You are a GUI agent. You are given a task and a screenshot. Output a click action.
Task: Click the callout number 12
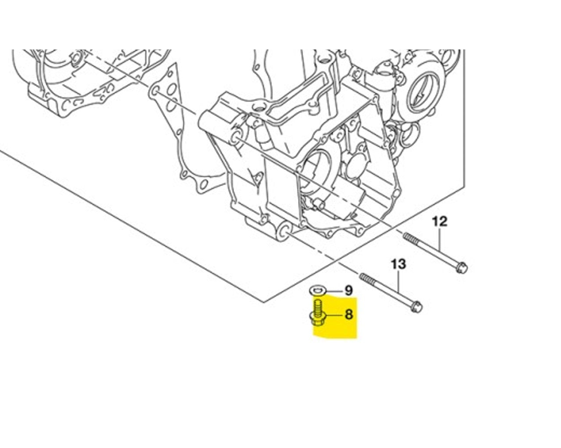tap(440, 221)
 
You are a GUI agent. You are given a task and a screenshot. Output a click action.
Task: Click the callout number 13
tap(398, 264)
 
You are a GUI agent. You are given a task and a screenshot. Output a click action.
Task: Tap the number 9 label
tap(348, 290)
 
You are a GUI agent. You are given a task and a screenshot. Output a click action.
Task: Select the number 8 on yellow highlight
tap(349, 314)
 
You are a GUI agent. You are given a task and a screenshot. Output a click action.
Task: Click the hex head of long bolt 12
tap(462, 266)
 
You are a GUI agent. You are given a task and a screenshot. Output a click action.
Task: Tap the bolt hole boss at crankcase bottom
tap(284, 231)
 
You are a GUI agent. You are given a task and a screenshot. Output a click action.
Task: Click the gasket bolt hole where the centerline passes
tap(155, 92)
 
